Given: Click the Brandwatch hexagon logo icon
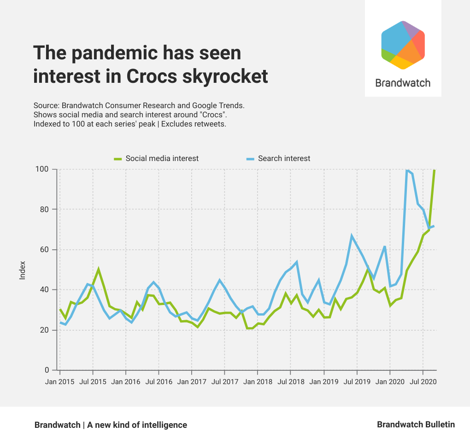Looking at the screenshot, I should pos(403,45).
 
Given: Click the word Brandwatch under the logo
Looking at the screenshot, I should pos(403,83).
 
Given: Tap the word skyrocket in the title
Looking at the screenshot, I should pos(223,76).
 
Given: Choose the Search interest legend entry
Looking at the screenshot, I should pos(284,158).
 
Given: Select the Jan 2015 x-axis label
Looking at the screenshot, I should pos(60,382).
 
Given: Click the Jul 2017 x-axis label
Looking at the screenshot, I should pos(224,382).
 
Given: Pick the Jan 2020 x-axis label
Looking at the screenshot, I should pos(390,382).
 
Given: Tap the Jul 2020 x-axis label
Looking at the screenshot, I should pos(423,382).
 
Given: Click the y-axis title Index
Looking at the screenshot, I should pos(23,270).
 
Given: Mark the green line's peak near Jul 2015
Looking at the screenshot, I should pos(98,269).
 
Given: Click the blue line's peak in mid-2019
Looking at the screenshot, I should pos(352,236).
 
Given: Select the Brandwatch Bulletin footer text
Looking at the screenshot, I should pos(416,425).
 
